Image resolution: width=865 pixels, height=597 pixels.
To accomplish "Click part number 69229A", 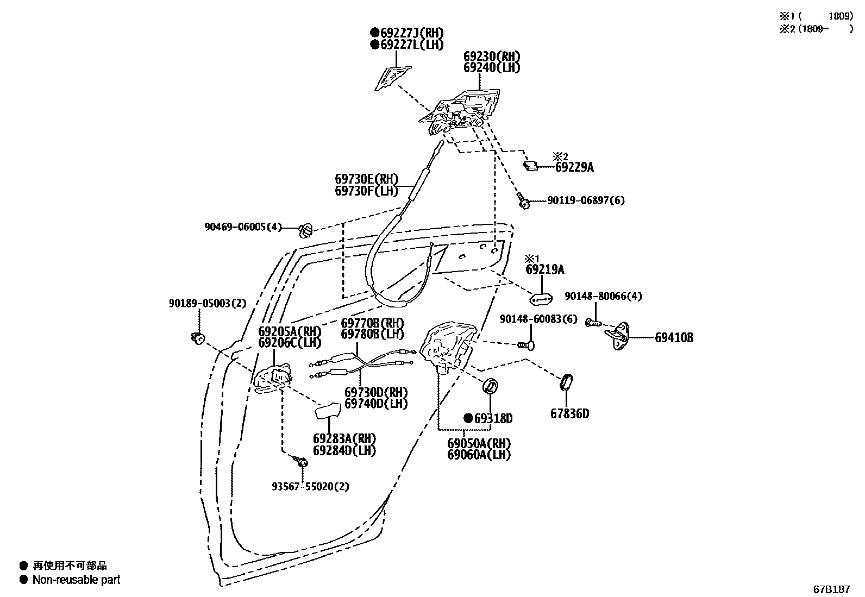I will pos(574,168).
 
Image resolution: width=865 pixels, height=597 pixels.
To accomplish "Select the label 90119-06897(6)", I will pos(586,200).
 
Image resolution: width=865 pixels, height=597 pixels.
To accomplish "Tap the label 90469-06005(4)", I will pos(243,227).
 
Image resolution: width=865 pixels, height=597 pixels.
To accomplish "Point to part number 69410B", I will pos(674,338).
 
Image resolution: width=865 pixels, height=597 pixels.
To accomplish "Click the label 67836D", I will pos(569,414).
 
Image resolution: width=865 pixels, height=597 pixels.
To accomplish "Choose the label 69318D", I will pos(493,419).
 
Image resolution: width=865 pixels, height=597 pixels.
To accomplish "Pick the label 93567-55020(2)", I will pos(310,487).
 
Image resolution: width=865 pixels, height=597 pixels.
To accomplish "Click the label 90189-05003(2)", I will pos(207,303).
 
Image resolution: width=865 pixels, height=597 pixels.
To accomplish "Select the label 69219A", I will pos(544,269).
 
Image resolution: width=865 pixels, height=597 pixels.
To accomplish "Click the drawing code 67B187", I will pos(831,589).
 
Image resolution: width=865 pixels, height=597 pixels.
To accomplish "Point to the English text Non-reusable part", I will pos(76,580).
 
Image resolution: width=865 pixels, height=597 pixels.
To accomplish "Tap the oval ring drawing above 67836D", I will pos(565,382).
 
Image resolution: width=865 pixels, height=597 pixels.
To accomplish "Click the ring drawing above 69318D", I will pos(491,387).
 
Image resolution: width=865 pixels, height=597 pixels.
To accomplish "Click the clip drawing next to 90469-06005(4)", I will pos(306,230).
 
